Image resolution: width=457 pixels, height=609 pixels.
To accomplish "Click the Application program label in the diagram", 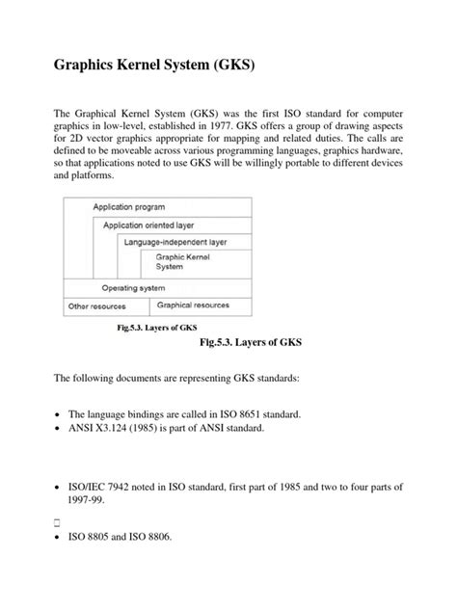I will tap(128, 207).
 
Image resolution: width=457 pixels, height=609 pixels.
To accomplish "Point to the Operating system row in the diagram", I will tap(133, 288).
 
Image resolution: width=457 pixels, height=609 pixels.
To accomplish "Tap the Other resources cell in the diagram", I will tap(96, 306).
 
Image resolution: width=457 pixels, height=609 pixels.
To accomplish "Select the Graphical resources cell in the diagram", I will tap(193, 305).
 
